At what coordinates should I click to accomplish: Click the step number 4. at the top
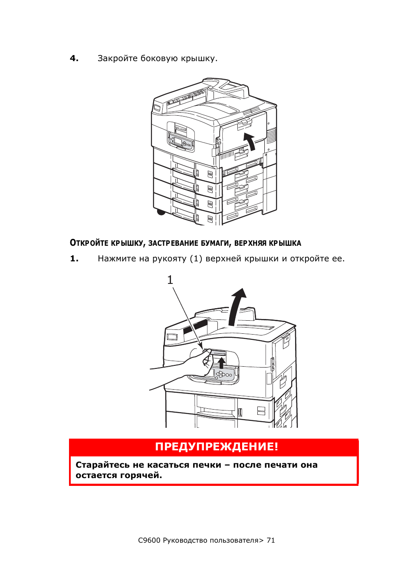[x=74, y=59]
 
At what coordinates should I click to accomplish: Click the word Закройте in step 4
[x=117, y=59]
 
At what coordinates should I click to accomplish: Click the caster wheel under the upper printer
[x=161, y=212]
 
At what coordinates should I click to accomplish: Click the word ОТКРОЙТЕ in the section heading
[x=89, y=243]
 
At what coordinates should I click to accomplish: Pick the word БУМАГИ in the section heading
[x=216, y=244]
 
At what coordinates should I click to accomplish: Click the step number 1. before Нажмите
[x=74, y=259]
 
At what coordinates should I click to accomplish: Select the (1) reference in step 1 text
[x=196, y=259]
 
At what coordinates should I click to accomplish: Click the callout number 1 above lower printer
[x=170, y=280]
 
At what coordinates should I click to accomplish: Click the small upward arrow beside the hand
[x=221, y=363]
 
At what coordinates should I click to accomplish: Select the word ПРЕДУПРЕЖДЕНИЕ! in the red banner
[x=216, y=446]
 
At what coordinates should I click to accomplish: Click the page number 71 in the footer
[x=270, y=540]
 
